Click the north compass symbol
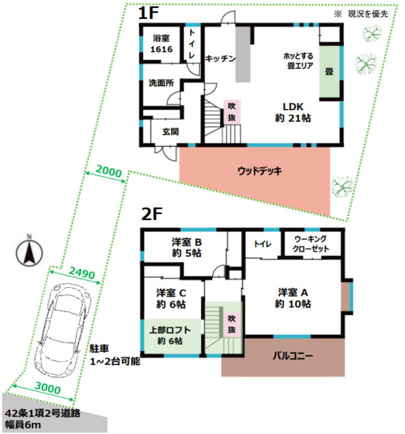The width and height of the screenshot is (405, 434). pos(29,252)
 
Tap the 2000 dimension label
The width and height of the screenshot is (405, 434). pos(109,172)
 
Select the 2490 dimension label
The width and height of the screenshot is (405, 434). pos(82,273)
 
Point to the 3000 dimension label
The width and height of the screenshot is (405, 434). pos(48,388)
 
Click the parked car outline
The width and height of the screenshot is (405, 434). pos(63,329)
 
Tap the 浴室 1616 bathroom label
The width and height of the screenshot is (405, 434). pos(161,44)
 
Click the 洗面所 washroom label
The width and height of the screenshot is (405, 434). pos(161,83)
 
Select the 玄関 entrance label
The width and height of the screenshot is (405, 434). pos(170,132)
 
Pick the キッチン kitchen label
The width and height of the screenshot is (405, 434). pos(220,59)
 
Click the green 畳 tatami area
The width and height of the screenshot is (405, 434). pos(329,71)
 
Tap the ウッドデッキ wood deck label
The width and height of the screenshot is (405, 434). pos(259,171)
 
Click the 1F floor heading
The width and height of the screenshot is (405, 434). pos(148,13)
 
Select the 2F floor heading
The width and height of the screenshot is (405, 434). pos(152,214)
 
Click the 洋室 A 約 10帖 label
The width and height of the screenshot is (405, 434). pos(293,299)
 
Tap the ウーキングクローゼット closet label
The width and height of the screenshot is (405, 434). pos(311,244)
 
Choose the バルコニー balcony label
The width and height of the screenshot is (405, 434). pos(293,355)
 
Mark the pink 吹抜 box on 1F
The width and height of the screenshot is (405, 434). pos(232,112)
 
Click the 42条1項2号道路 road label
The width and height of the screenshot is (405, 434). pos(42,413)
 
